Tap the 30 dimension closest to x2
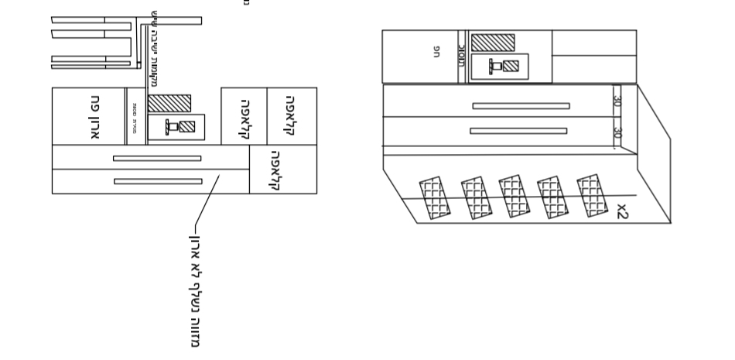[x=617, y=132]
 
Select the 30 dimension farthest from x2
[x=617, y=101]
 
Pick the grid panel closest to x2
[x=591, y=195]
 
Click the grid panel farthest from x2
[x=434, y=198]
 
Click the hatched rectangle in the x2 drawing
[x=492, y=43]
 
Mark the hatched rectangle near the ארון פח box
[x=169, y=103]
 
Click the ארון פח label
[x=96, y=116]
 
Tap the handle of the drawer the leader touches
[x=158, y=181]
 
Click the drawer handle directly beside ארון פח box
[x=157, y=158]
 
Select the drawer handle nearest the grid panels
[x=518, y=131]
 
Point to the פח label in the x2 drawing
[x=437, y=52]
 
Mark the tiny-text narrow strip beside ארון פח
[x=135, y=116]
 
